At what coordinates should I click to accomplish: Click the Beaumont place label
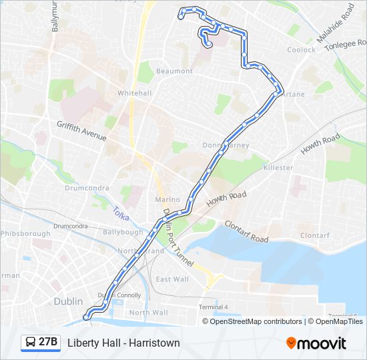(174, 71)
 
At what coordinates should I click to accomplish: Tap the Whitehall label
(134, 93)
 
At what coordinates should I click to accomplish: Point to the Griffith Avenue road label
(81, 131)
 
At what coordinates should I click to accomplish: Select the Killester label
(278, 167)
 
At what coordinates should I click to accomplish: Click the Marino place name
(167, 199)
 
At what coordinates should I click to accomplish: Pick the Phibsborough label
(25, 233)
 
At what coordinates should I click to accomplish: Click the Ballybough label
(123, 232)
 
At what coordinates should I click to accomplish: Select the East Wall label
(171, 279)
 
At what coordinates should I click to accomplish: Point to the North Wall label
(148, 313)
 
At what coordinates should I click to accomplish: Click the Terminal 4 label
(213, 307)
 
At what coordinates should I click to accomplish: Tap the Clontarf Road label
(246, 232)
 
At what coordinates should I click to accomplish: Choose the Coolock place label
(301, 50)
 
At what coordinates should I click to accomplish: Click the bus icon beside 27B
(31, 343)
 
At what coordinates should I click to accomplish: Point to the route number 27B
(48, 343)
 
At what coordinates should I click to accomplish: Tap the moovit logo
(316, 343)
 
